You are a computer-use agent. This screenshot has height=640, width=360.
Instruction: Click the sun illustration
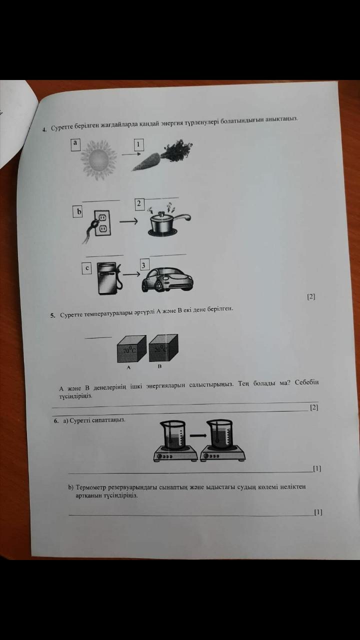tap(98, 159)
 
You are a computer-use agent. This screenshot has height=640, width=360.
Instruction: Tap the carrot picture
tap(162, 155)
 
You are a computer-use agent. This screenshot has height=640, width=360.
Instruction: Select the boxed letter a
tap(75, 144)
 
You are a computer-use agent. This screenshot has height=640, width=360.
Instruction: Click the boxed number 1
tap(139, 145)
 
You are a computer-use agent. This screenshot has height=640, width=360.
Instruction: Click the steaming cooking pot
tap(168, 220)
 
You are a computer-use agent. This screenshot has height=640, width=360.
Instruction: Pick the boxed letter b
tap(77, 211)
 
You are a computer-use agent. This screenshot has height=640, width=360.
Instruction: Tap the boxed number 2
tap(139, 204)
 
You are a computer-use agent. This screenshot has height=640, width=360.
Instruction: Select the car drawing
tap(167, 279)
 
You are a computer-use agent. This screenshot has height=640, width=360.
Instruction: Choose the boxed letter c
tap(87, 268)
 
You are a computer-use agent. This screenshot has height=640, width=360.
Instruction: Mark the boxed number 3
tap(144, 265)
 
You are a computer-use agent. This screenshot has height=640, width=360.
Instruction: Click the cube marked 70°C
tap(131, 348)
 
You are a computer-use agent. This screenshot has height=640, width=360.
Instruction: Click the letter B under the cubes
tap(159, 366)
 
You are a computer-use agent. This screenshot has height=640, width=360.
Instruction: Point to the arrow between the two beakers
tap(198, 435)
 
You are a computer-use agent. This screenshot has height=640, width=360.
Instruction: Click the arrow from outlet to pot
tap(128, 221)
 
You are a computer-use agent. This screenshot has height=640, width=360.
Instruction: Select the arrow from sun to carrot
tap(131, 154)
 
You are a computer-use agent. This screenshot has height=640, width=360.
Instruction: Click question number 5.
tap(52, 315)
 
